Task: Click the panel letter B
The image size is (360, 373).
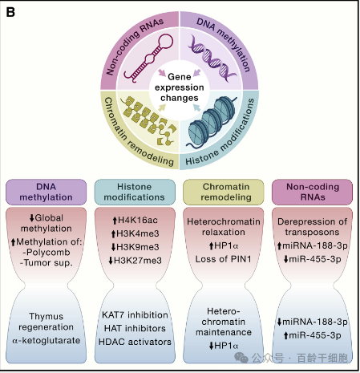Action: click(10, 12)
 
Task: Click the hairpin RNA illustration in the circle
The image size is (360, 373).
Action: click(148, 58)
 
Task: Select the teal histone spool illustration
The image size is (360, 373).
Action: click(211, 122)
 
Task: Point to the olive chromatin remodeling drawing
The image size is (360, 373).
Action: click(148, 120)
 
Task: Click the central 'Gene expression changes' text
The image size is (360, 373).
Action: click(180, 87)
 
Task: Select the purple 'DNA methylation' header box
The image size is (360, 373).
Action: click(46, 192)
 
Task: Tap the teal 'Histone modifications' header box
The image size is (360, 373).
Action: click(135, 192)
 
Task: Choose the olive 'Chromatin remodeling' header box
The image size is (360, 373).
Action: click(224, 192)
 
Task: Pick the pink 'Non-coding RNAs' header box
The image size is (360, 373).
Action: click(312, 192)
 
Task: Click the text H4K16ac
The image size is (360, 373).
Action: click(138, 220)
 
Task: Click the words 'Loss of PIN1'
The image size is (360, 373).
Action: click(224, 259)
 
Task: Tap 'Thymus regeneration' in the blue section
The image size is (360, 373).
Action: click(46, 322)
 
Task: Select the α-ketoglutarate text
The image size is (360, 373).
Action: click(47, 340)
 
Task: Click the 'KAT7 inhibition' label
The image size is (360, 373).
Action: click(135, 314)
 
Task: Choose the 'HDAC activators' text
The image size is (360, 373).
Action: click(135, 342)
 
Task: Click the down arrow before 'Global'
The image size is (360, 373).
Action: click(32, 218)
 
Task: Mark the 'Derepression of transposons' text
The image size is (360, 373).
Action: click(312, 227)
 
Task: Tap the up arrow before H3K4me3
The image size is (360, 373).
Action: click(113, 233)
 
